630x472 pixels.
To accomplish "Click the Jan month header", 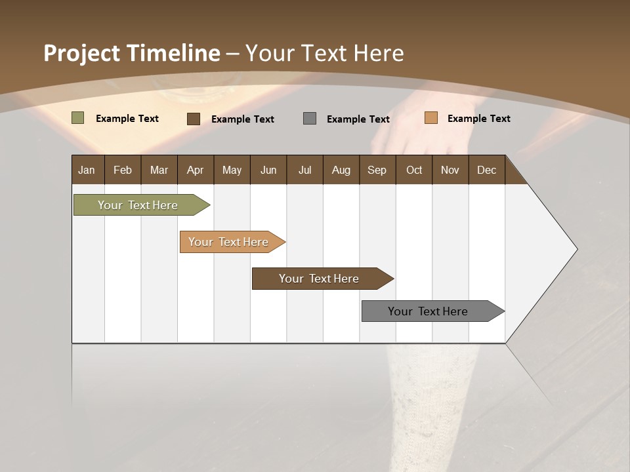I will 87,170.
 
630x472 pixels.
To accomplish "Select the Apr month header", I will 195,170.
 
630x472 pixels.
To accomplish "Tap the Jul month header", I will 304,170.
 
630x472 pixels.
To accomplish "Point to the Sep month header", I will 377,170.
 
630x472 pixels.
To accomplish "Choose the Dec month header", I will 486,170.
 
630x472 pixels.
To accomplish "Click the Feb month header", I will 123,170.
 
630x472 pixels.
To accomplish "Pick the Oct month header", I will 414,170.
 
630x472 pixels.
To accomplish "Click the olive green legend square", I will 77,118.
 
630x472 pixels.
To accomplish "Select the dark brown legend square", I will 193,119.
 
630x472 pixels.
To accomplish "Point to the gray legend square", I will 310,118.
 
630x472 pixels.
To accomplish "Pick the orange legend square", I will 430,118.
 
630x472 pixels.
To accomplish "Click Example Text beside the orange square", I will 478,119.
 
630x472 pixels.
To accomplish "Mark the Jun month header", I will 268,170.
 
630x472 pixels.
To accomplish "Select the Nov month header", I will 450,170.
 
